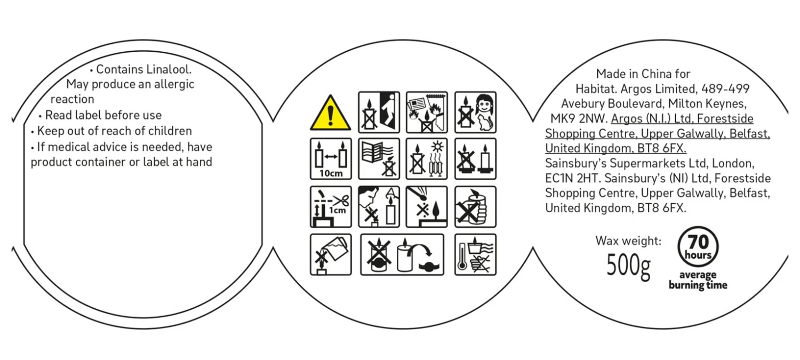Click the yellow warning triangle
tap(331, 114)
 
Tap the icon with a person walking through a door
tap(379, 112)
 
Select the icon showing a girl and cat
tap(475, 112)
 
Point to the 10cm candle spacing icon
tap(331, 158)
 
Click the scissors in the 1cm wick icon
tap(342, 201)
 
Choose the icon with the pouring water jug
tap(331, 254)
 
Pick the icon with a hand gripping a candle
tap(475, 206)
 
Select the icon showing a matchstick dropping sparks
tap(427, 206)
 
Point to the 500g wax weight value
tap(628, 265)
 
